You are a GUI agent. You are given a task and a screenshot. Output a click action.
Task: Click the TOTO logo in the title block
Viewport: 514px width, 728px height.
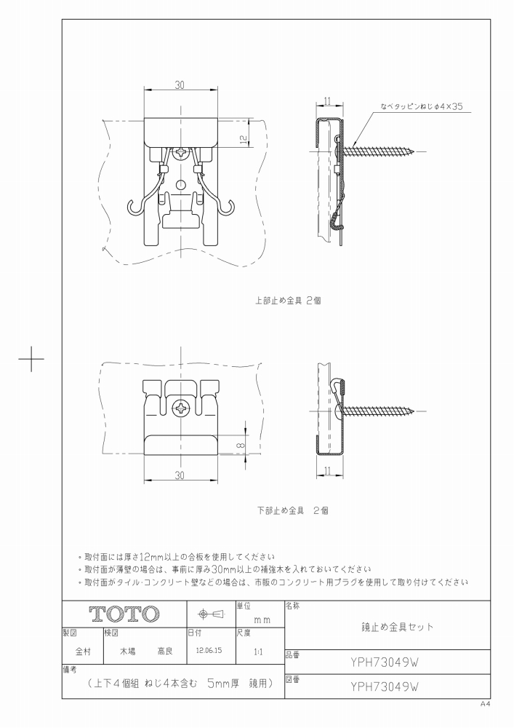click(x=124, y=614)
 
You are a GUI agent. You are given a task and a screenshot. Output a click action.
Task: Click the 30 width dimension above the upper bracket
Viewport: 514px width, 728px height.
click(x=180, y=84)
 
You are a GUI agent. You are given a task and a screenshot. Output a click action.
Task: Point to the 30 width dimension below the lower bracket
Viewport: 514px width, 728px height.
click(x=180, y=475)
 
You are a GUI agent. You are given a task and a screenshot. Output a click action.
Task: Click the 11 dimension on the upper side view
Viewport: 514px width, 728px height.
click(x=327, y=100)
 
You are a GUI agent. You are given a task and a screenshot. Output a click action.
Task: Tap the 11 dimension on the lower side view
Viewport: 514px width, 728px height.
click(x=327, y=471)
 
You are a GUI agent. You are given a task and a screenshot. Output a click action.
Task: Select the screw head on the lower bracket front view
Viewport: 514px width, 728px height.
click(x=180, y=409)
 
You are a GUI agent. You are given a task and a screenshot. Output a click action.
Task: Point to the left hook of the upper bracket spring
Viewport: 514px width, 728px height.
click(x=134, y=208)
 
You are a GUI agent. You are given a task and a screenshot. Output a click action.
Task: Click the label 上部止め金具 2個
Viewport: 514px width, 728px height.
click(x=288, y=301)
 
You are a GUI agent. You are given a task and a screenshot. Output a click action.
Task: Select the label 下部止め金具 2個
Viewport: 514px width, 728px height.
click(x=293, y=511)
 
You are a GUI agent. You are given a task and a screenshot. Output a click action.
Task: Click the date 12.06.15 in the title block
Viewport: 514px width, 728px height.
click(x=209, y=650)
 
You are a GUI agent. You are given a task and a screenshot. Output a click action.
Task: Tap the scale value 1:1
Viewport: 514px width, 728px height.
click(x=259, y=652)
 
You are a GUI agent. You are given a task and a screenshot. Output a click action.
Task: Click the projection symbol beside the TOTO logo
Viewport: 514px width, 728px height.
click(x=211, y=614)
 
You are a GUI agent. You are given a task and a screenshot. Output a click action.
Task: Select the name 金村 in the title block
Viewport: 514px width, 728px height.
click(x=83, y=652)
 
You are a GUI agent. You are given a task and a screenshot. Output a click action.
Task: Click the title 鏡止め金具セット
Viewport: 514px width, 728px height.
click(x=397, y=627)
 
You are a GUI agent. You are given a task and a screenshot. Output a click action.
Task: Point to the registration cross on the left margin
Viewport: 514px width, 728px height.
click(x=31, y=358)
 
